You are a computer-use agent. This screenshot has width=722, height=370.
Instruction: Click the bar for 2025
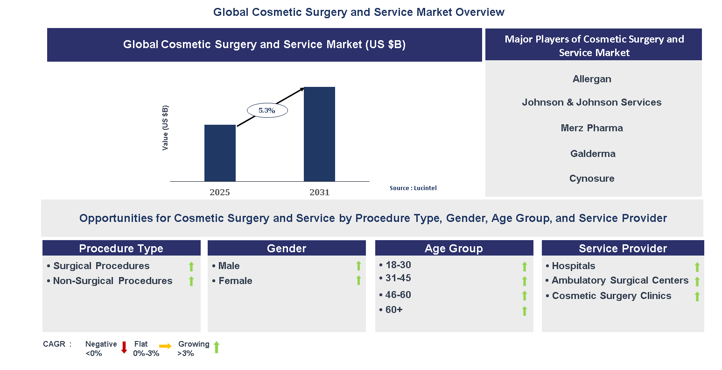[x=220, y=153]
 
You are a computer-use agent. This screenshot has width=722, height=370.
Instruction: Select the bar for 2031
[x=319, y=134]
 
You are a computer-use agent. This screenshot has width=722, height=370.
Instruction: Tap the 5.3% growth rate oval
[x=266, y=111]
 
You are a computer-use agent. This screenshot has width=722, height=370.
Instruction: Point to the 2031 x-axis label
[x=319, y=192]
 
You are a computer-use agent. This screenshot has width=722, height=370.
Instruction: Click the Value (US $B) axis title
[x=165, y=128]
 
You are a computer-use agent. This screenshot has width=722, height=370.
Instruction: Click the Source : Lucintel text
[x=413, y=188]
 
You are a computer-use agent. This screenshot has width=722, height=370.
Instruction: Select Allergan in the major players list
[x=592, y=79]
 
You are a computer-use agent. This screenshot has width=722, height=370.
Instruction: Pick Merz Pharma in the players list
[x=592, y=128]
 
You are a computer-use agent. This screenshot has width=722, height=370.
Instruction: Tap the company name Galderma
[x=593, y=154]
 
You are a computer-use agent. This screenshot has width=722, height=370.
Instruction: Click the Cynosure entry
[x=592, y=178]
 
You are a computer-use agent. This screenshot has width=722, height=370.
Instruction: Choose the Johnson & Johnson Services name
[x=591, y=102]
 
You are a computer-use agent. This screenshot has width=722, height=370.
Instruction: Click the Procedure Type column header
[x=121, y=249]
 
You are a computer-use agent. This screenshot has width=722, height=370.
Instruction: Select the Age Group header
[x=454, y=249]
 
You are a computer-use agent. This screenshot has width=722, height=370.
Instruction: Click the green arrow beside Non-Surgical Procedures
[x=191, y=281]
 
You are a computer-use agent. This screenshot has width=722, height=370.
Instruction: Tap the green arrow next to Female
[x=358, y=280]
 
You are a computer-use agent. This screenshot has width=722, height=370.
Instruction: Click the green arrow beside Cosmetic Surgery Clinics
[x=697, y=297]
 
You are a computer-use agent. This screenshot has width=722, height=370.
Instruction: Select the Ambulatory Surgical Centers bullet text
[x=620, y=280]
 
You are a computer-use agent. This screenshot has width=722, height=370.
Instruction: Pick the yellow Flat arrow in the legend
[x=165, y=346]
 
